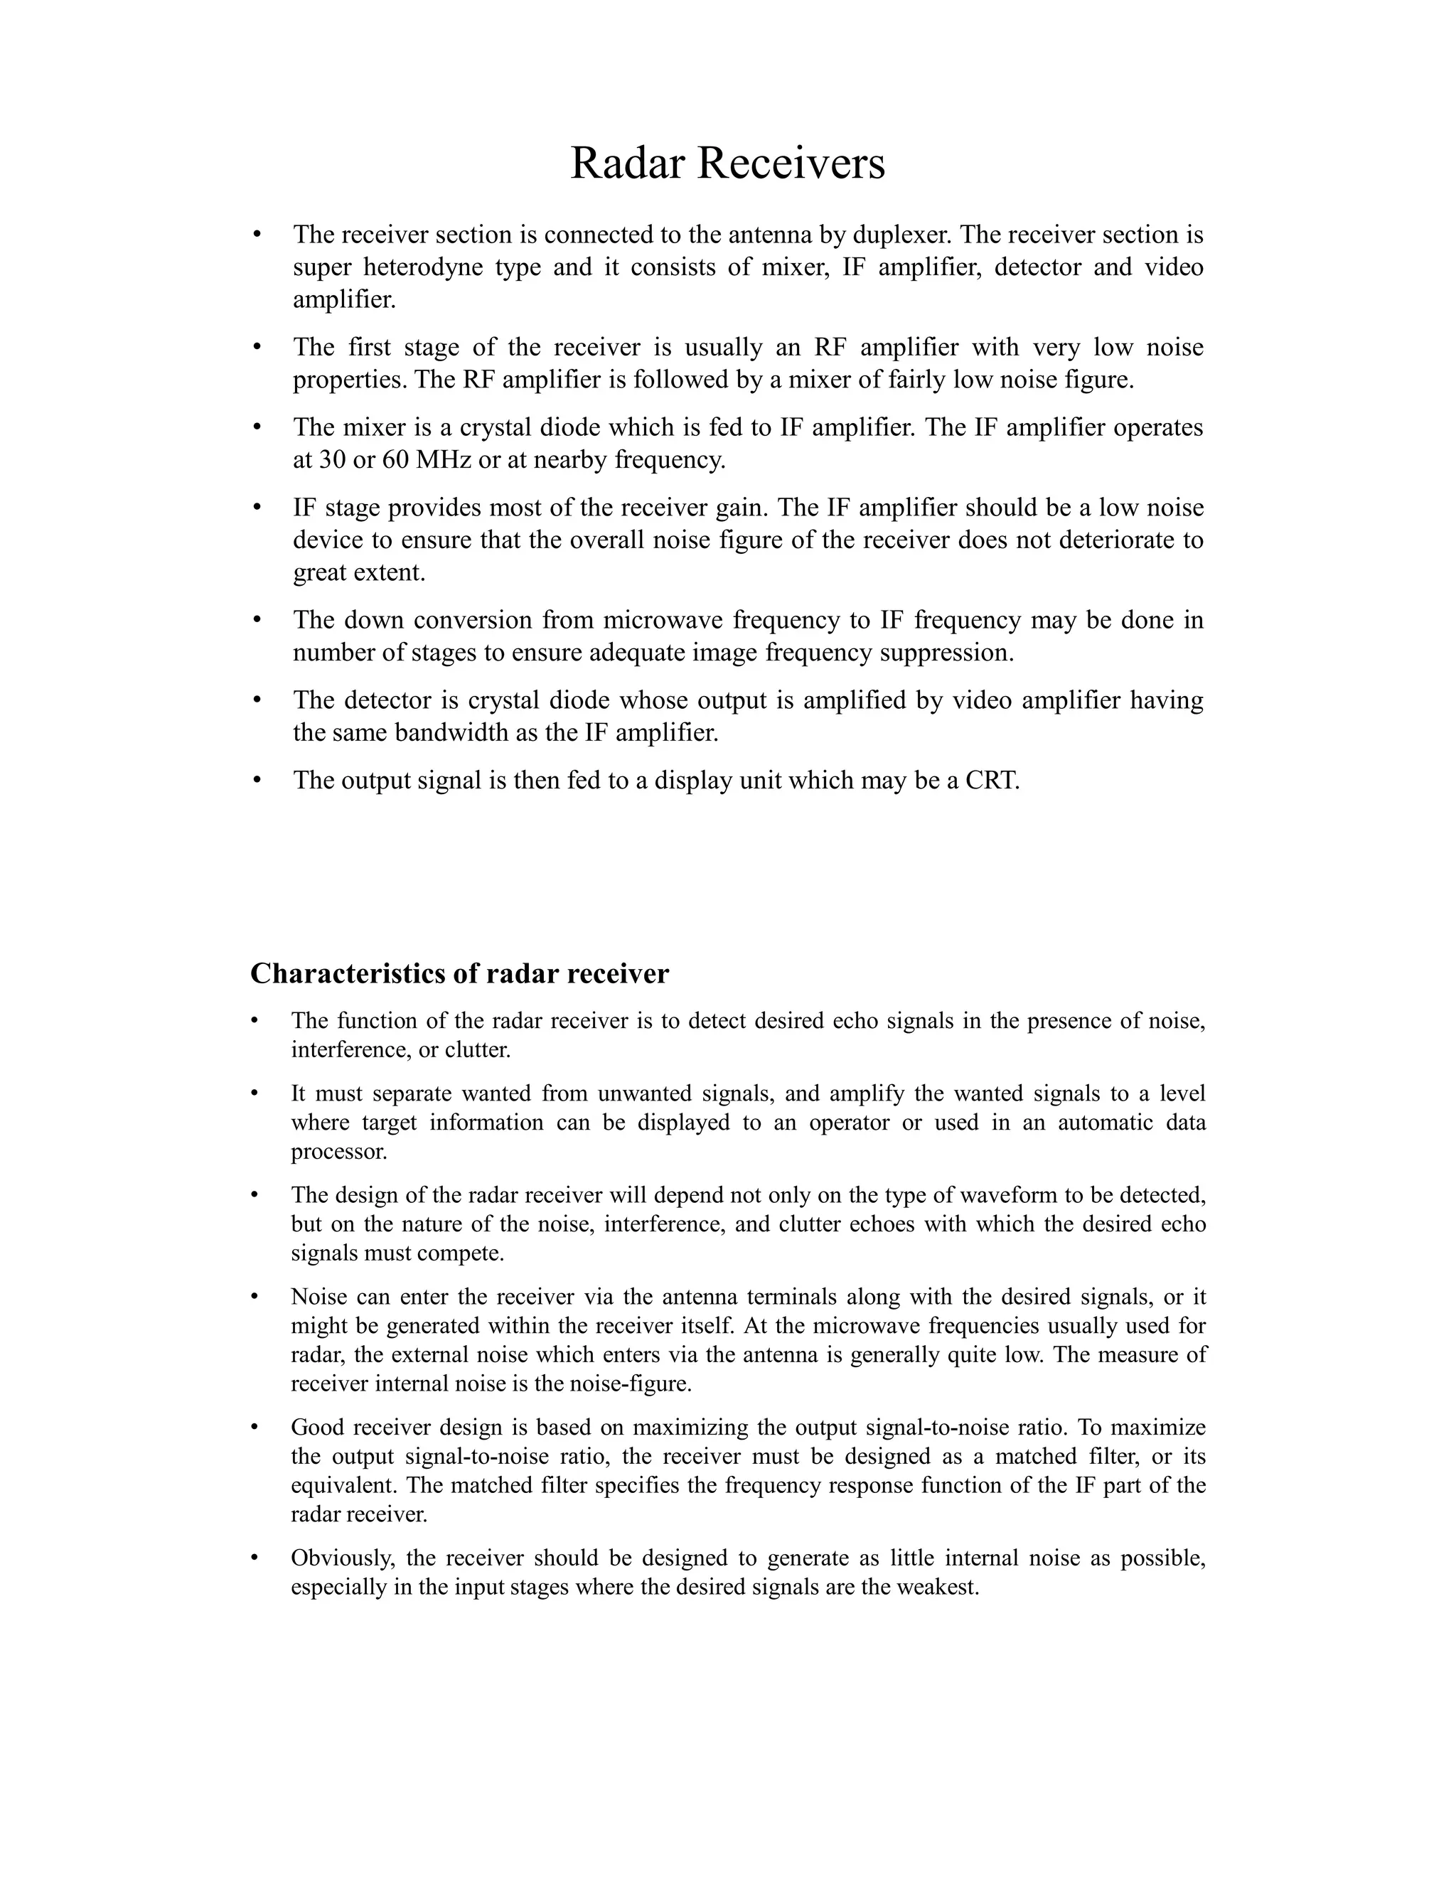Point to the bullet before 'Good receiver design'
(255, 1428)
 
